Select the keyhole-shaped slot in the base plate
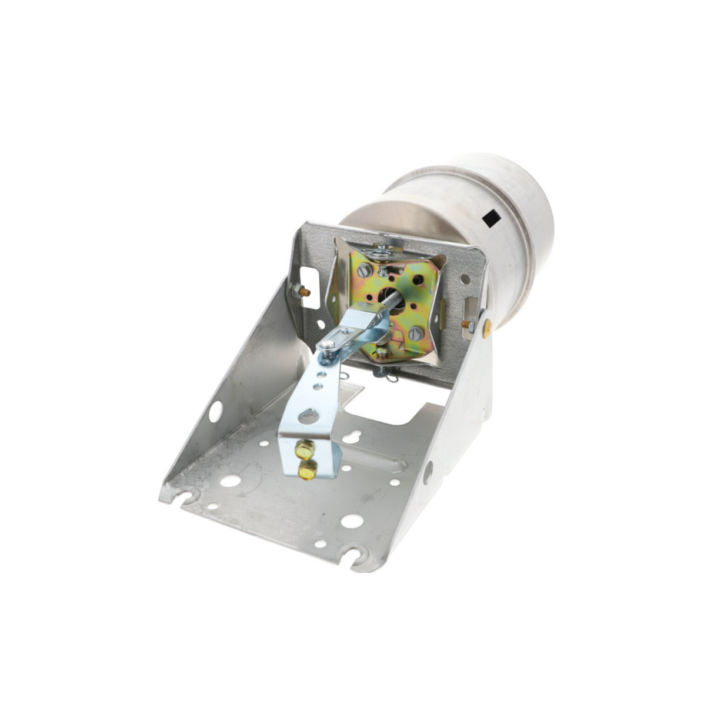[x=352, y=437]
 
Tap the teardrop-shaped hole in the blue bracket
[x=308, y=416]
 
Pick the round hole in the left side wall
[x=215, y=411]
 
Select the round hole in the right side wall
[x=428, y=472]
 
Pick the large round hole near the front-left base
[x=231, y=481]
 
